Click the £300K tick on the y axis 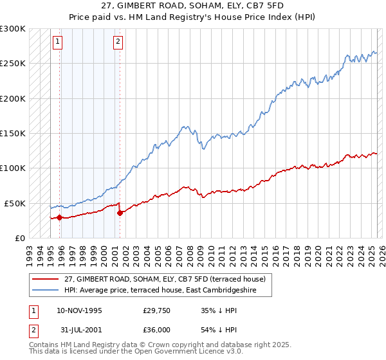(x=13, y=29)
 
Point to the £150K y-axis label (x=13, y=134)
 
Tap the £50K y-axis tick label (x=15, y=203)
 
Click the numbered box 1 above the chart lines (x=58, y=42)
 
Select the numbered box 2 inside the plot (x=119, y=42)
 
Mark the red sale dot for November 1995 (x=59, y=217)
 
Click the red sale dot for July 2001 (x=120, y=213)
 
